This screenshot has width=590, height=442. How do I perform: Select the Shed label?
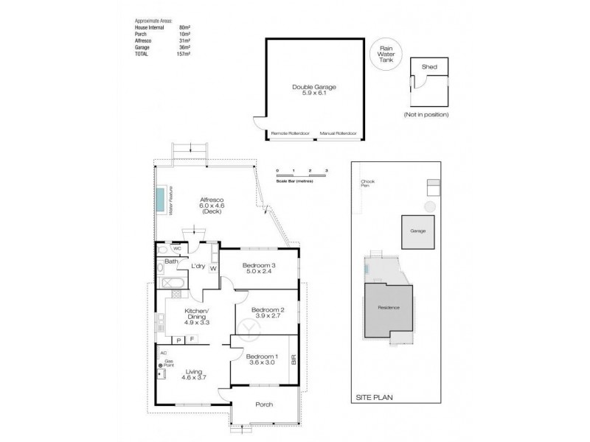[x=428, y=67]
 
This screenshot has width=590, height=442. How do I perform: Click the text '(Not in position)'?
[x=426, y=115]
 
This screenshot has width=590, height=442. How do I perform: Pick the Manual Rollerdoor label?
[x=338, y=134]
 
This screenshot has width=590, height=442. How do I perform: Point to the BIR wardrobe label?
[x=293, y=361]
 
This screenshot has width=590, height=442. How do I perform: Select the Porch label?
[x=263, y=404]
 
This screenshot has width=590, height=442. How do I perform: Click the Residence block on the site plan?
[x=388, y=308]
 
